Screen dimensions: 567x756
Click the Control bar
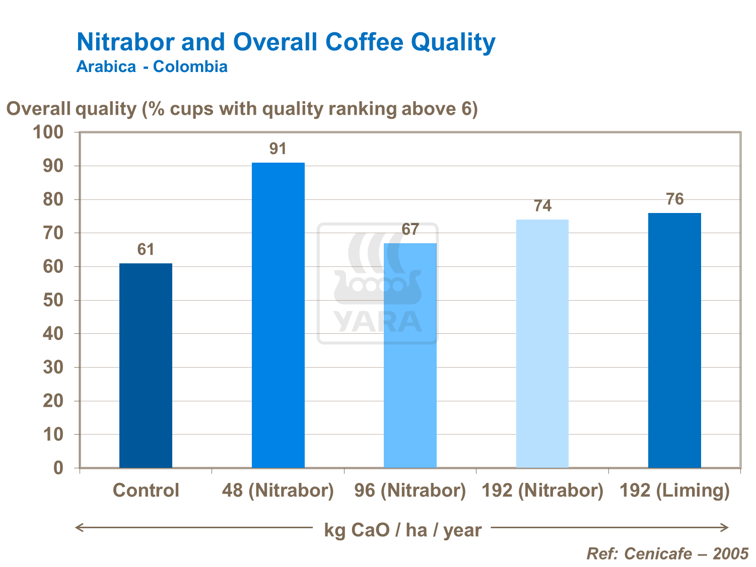pyautogui.click(x=146, y=366)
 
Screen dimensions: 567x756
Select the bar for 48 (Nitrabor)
pyautogui.click(x=278, y=315)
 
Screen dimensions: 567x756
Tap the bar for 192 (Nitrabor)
pyautogui.click(x=542, y=343)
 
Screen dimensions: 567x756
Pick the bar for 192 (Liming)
pyautogui.click(x=674, y=340)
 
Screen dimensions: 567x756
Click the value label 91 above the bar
pyautogui.click(x=278, y=149)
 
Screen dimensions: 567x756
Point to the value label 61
pyautogui.click(x=146, y=250)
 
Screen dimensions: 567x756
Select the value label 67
pyautogui.click(x=410, y=230)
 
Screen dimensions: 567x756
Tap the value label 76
pyautogui.click(x=674, y=199)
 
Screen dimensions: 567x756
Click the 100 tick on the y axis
pyautogui.click(x=48, y=132)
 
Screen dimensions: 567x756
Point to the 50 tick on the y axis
pyautogui.click(x=53, y=300)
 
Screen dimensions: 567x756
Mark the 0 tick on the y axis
pyautogui.click(x=58, y=468)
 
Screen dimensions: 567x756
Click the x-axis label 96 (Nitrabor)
pyautogui.click(x=410, y=490)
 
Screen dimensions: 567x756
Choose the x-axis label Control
pyautogui.click(x=146, y=490)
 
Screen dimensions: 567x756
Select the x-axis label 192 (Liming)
pyautogui.click(x=674, y=490)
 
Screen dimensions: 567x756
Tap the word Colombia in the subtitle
pyautogui.click(x=190, y=66)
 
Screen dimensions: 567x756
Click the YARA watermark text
pyautogui.click(x=378, y=322)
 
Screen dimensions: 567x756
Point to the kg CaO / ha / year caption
pyautogui.click(x=402, y=530)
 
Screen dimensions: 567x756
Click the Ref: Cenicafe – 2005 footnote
pyautogui.click(x=667, y=554)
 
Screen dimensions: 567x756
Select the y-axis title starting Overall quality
pyautogui.click(x=242, y=109)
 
